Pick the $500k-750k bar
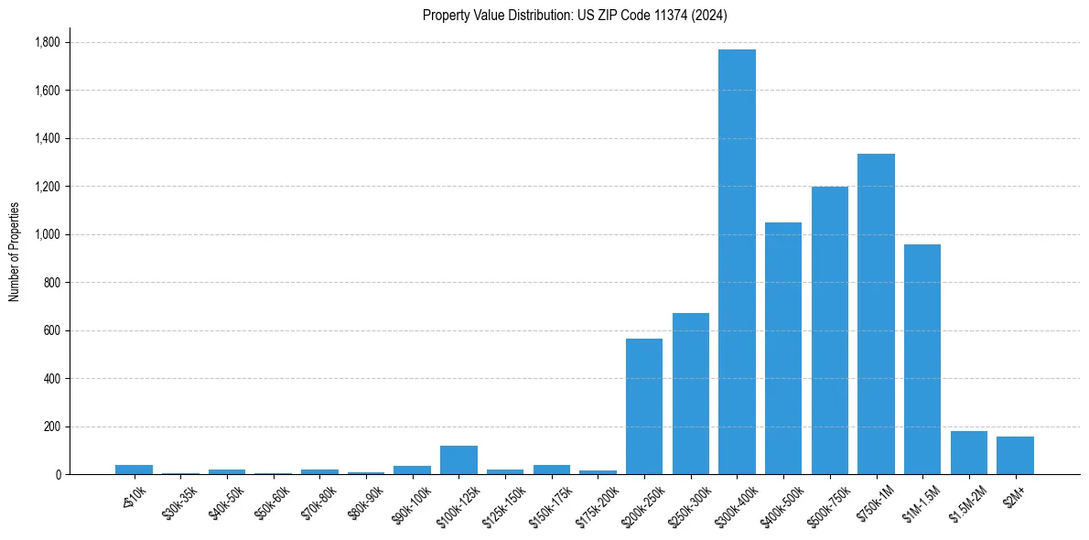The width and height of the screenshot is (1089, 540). [x=829, y=330]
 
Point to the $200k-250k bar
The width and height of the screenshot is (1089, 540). [x=644, y=406]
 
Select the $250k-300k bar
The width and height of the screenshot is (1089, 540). [x=691, y=394]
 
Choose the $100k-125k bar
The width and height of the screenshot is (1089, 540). [x=458, y=459]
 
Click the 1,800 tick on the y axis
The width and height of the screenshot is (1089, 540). [x=47, y=42]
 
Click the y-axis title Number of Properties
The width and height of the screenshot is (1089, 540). [x=14, y=251]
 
